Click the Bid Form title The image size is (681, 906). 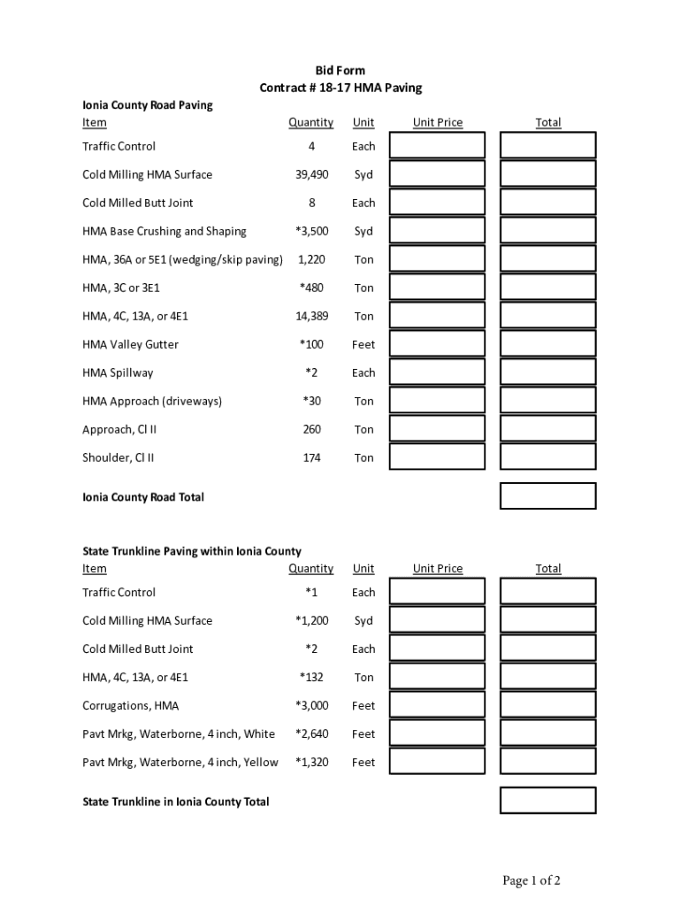click(340, 71)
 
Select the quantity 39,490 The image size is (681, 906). click(311, 175)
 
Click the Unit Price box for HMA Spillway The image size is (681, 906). click(438, 372)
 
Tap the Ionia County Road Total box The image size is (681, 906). click(547, 496)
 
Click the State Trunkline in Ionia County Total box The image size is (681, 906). click(547, 801)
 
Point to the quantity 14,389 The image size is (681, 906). click(311, 317)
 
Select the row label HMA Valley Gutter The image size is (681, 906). click(130, 345)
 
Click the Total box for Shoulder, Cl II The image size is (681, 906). click(547, 457)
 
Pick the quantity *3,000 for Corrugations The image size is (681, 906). click(311, 706)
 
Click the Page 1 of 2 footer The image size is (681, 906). click(532, 880)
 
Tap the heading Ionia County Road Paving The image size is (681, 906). click(147, 105)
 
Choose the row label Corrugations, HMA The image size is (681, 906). click(130, 706)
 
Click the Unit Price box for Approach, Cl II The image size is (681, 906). click(438, 429)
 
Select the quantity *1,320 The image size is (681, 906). click(311, 763)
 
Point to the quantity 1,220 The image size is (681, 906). click(311, 260)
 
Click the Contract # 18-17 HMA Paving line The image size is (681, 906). click(340, 88)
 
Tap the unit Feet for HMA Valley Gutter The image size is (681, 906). click(363, 345)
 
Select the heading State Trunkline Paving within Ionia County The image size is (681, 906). click(192, 551)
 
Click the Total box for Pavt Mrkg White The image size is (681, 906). click(547, 733)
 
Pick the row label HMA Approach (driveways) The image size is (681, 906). click(152, 402)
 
